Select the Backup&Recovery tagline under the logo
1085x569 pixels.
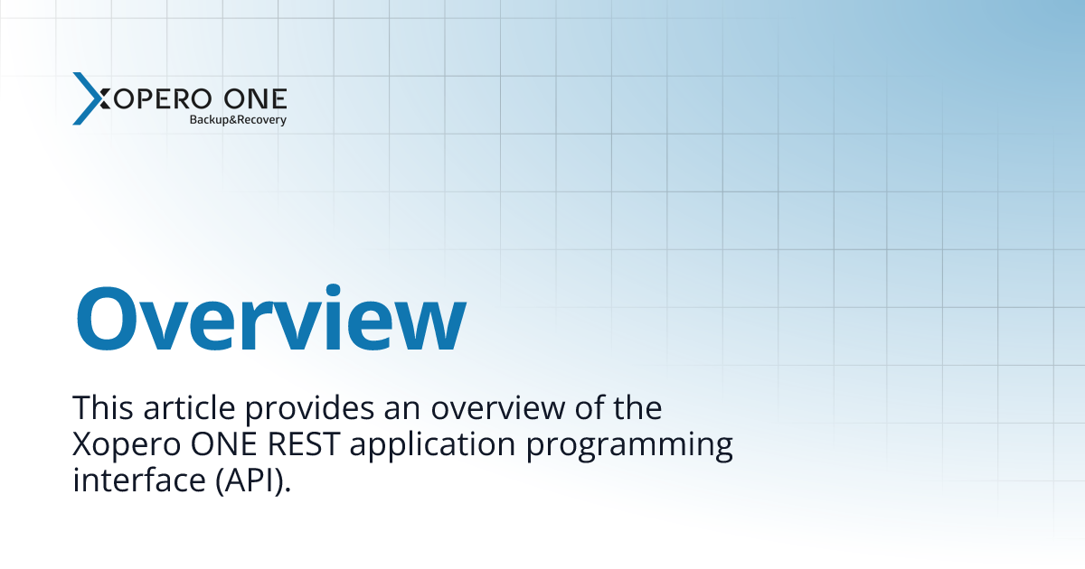(237, 119)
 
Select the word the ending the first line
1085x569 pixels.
(637, 408)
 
